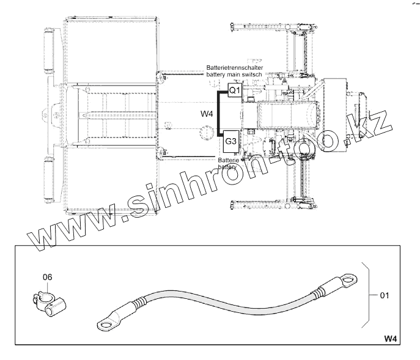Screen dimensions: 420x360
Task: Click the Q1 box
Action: click(x=235, y=90)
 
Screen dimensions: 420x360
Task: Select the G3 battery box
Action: click(x=231, y=141)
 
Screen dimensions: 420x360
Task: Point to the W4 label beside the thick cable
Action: click(x=207, y=114)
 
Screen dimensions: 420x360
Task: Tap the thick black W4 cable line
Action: click(x=219, y=114)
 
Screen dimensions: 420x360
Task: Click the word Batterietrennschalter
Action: click(x=235, y=68)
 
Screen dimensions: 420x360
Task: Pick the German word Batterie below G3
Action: click(x=228, y=161)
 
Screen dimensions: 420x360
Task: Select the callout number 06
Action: click(x=48, y=277)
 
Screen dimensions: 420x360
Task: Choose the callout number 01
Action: click(x=385, y=295)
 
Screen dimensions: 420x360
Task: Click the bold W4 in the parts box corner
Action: click(x=391, y=339)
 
